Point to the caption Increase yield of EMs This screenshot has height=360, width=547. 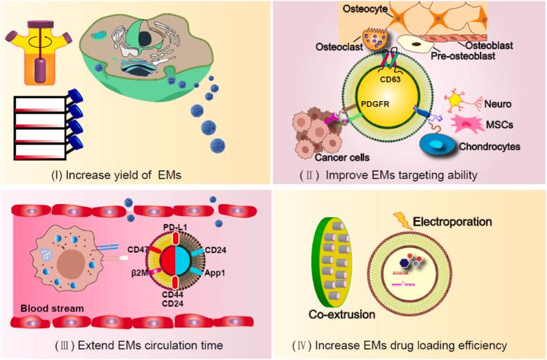[136, 175]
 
